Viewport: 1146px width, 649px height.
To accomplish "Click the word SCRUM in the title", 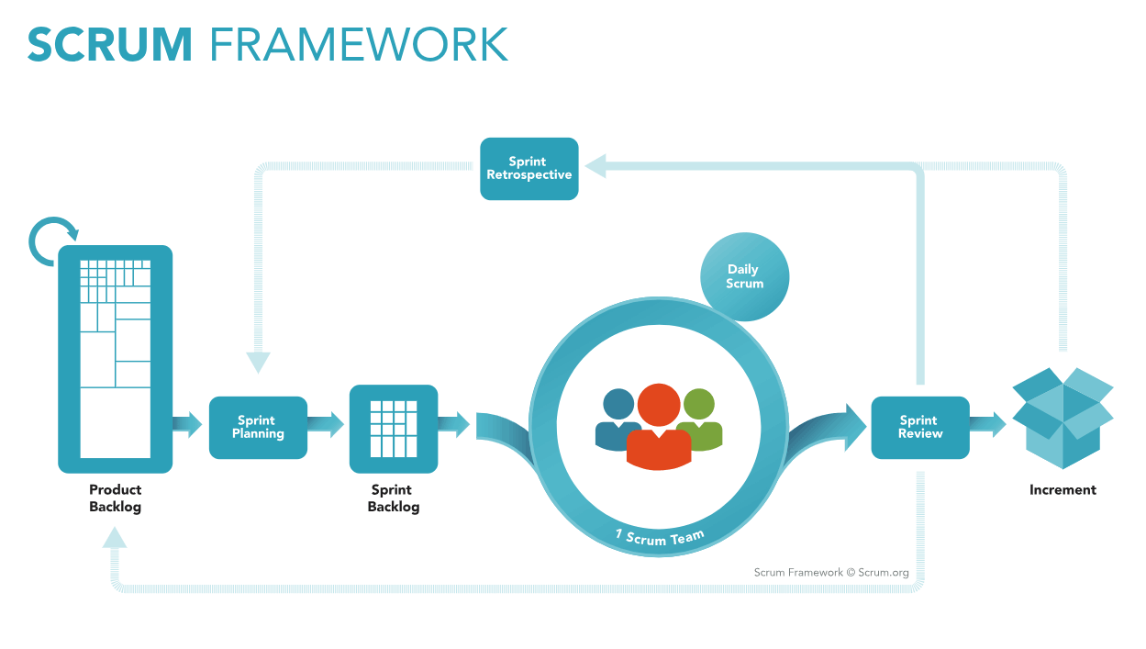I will pos(110,44).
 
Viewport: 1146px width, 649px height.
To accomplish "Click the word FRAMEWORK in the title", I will pos(359,44).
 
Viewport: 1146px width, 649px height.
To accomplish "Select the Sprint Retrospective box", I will pos(529,169).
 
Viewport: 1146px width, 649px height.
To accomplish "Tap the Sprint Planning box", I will pos(258,427).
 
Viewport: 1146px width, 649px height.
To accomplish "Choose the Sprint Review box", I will pos(919,427).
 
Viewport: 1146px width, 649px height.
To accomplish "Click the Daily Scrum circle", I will pos(744,276).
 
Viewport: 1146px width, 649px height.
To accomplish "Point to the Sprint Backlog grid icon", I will pos(394,428).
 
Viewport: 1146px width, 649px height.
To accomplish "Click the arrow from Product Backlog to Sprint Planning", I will pos(187,424).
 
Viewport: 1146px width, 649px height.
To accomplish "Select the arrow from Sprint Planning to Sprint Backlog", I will pos(326,424).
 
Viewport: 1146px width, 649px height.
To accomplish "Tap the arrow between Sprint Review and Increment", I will pos(988,424).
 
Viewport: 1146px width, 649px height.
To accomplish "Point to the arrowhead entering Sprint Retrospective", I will pos(595,166).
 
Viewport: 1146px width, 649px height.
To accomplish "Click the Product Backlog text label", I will pos(116,498).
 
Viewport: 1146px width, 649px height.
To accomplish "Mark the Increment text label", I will pos(1063,490).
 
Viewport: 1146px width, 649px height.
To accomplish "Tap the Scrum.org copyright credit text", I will pos(831,573).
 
